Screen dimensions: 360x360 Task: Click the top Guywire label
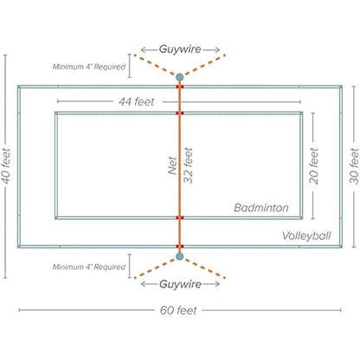coord(180,49)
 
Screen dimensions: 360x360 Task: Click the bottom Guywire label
coord(180,285)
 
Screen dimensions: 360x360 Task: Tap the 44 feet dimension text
coord(137,101)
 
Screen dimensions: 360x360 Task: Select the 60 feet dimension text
coord(178,311)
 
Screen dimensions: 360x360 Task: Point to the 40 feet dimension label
coord(6,166)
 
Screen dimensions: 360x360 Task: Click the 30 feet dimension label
coord(354,166)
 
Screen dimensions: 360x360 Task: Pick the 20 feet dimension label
coord(314,166)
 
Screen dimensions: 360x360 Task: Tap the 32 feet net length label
coord(189,165)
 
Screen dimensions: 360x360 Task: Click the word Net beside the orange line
coord(172,165)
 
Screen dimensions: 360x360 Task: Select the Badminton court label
coord(261,208)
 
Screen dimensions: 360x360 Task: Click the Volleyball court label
coord(306,236)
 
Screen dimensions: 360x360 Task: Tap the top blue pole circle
coord(179,77)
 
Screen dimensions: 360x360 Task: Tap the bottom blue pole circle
coord(179,256)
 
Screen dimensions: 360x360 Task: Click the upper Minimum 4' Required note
coord(89,67)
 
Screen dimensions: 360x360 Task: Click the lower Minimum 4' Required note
coord(89,267)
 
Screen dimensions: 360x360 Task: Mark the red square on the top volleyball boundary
coord(180,87)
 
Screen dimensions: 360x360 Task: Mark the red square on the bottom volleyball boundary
coord(180,247)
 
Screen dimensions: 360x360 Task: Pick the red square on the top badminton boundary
coord(180,113)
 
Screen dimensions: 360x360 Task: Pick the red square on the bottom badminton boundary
coord(180,217)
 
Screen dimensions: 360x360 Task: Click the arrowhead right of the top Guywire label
coord(217,50)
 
